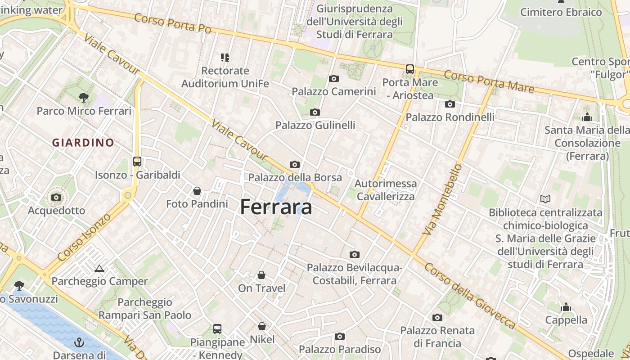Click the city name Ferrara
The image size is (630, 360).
pos(276,207)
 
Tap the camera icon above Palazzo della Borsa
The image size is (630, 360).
pos(295,164)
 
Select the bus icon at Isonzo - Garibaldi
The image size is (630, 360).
pos(137,161)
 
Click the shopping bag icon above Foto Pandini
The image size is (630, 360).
pos(197,191)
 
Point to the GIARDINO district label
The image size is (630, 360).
pos(83,143)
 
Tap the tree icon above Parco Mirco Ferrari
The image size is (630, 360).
pos(83,97)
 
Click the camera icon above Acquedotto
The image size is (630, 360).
pos(56,197)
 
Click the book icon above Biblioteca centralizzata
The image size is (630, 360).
pos(545,198)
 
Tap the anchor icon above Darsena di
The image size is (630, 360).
pos(79,342)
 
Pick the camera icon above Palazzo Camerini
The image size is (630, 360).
pos(333,78)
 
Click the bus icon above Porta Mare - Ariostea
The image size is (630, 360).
pos(409,69)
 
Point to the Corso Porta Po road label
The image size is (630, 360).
pos(172,23)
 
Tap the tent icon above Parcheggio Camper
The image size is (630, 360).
pos(99,268)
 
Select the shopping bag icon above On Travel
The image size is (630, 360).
pos(261,274)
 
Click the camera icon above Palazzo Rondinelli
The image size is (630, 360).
pos(450,104)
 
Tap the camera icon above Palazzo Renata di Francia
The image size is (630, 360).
pos(437,317)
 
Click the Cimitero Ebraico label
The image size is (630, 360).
pos(561,12)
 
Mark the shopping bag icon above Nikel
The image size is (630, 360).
pos(262,326)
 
